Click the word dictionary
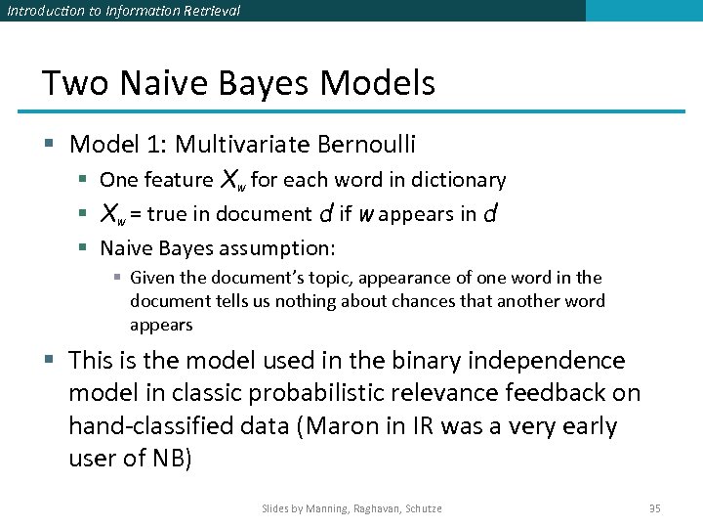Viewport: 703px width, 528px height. [458, 180]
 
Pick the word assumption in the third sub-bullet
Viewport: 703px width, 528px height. [284, 247]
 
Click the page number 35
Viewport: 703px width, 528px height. [655, 508]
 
